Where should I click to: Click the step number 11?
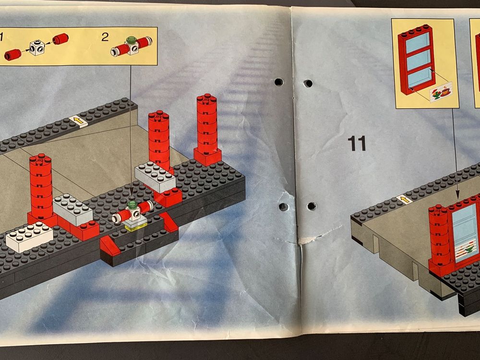point(358,143)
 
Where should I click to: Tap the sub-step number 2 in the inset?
point(105,37)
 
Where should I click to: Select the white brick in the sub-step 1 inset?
point(37,47)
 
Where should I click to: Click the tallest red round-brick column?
point(207,127)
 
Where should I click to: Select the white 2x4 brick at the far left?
point(29,236)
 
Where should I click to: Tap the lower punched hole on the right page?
point(312,206)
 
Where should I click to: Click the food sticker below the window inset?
point(442,92)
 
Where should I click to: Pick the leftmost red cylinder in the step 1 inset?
point(13,53)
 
